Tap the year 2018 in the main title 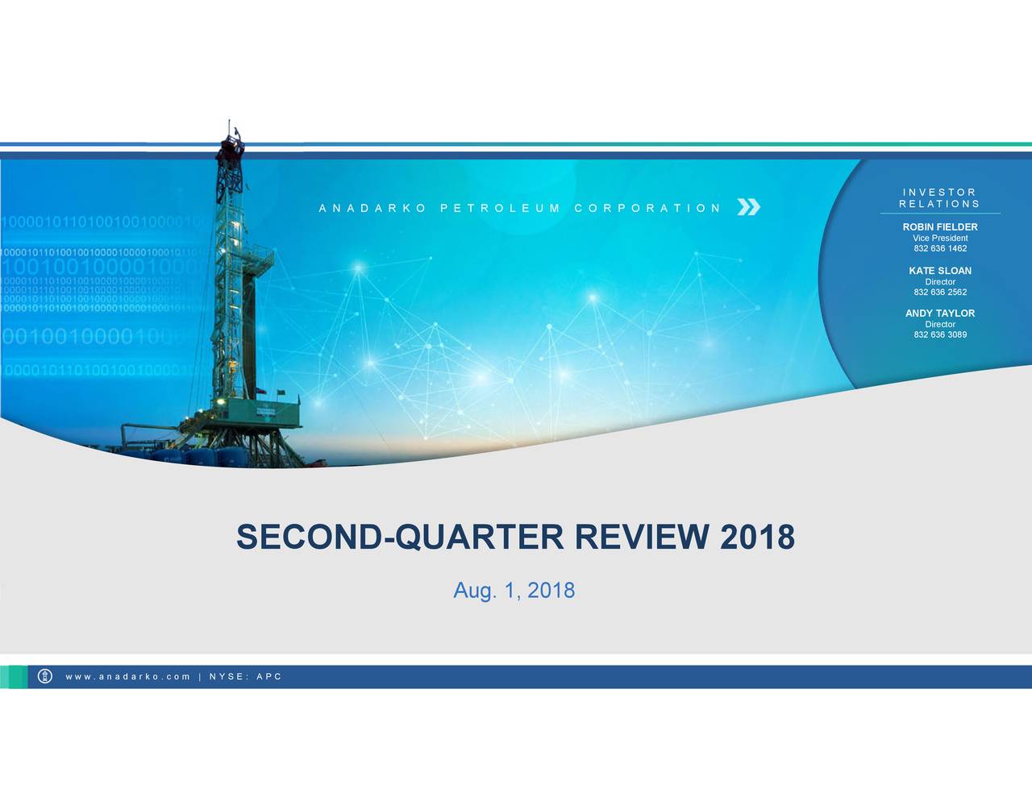tap(757, 537)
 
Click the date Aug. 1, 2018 tap(514, 591)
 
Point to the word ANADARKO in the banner tap(372, 208)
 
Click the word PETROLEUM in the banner tap(500, 208)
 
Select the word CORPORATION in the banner tap(647, 208)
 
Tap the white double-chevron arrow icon tap(748, 208)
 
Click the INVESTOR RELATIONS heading tap(939, 198)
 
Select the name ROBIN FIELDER tap(940, 227)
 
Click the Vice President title tap(940, 239)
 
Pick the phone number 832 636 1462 tap(940, 249)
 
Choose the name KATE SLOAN tap(940, 271)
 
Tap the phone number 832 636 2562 tap(940, 293)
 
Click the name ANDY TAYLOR tap(940, 313)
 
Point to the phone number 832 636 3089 tap(940, 334)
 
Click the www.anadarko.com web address tap(128, 677)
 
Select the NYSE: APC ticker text tap(245, 677)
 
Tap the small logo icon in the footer tap(45, 677)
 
